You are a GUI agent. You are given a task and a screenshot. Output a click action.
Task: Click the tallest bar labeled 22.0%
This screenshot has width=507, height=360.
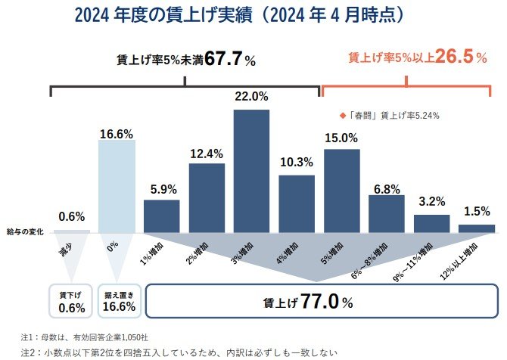(251, 171)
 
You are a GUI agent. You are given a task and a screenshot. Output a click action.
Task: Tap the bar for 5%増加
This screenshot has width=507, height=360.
(341, 191)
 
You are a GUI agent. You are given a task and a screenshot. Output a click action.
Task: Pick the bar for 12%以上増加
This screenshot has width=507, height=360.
(477, 228)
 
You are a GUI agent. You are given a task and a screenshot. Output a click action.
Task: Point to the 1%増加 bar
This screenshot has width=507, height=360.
(161, 216)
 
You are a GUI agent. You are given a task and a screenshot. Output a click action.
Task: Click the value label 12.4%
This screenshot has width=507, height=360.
(207, 154)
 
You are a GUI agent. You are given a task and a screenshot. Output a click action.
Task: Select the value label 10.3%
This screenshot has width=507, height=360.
(297, 162)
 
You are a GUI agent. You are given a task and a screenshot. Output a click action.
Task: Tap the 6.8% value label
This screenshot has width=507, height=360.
(386, 189)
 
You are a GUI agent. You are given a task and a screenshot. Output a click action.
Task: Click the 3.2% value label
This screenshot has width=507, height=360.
(431, 203)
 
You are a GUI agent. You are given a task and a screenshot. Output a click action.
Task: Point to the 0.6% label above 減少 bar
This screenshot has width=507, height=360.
(71, 215)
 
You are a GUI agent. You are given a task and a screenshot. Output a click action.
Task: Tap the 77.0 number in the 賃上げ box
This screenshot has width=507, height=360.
(322, 302)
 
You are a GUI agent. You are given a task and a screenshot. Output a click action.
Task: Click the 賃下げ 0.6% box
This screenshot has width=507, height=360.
(71, 301)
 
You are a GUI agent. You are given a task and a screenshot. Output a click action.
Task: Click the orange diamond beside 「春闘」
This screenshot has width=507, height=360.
(343, 116)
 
